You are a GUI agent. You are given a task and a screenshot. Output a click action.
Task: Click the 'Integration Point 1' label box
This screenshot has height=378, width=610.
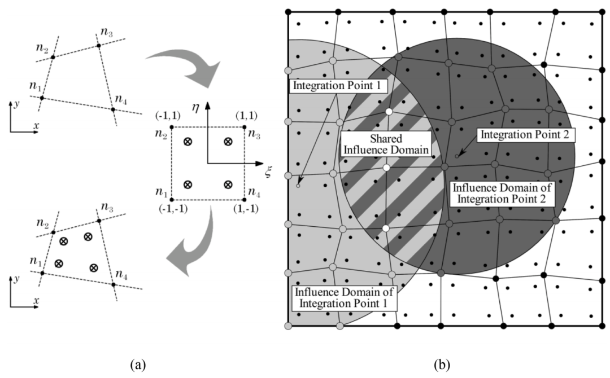tap(338, 86)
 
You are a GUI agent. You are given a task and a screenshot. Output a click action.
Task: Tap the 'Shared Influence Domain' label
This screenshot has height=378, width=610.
tap(386, 144)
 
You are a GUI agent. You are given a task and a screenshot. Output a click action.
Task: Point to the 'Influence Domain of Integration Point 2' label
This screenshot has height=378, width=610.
tap(502, 194)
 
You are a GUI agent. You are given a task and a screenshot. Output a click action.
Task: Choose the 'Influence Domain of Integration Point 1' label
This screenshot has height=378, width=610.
tap(344, 298)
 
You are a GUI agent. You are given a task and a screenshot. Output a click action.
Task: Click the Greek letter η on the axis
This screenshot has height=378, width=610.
tap(195, 108)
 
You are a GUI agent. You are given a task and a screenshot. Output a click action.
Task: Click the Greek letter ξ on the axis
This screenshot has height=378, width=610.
tap(268, 172)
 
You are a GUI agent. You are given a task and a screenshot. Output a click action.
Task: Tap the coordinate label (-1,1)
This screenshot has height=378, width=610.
tap(168, 116)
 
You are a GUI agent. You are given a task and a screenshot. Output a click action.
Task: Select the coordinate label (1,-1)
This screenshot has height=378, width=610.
tap(246, 209)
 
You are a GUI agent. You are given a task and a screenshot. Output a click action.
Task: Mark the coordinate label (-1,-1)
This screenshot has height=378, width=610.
tap(173, 209)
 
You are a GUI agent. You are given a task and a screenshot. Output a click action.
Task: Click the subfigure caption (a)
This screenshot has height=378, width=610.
tap(139, 365)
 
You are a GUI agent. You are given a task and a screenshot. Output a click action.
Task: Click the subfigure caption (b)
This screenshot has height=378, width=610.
tap(442, 365)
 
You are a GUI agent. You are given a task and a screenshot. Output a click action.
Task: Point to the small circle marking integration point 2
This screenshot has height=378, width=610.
tap(457, 156)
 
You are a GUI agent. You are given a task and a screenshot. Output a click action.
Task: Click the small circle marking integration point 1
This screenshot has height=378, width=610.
tap(298, 186)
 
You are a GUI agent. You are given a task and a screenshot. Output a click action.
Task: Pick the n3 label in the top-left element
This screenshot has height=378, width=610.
tap(106, 32)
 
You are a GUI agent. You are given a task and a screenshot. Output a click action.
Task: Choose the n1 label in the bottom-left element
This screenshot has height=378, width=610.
tap(36, 261)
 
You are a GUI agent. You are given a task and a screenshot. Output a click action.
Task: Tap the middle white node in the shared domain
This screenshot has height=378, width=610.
tap(386, 168)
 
